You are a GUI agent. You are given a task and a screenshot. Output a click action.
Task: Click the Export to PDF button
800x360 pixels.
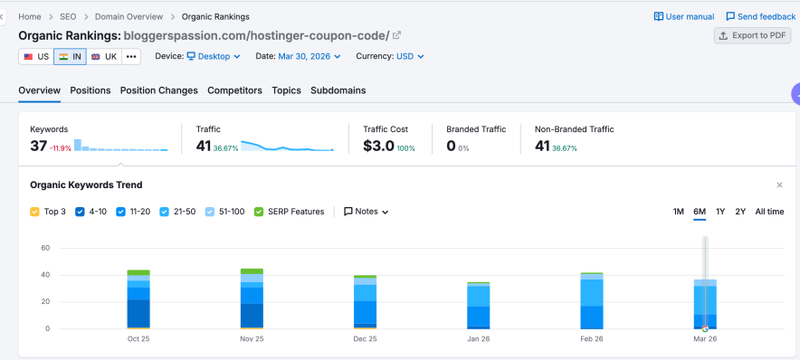(x=752, y=35)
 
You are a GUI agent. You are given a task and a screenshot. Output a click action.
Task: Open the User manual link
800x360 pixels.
(x=683, y=16)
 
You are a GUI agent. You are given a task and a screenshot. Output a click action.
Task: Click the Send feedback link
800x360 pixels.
(x=760, y=16)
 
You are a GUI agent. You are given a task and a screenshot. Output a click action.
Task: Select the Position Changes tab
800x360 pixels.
(x=158, y=90)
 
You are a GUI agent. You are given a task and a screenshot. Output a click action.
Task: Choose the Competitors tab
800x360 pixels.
(x=234, y=90)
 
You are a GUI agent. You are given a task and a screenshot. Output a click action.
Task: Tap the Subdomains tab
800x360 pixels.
(x=338, y=90)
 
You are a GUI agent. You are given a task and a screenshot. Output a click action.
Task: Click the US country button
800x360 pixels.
(x=36, y=56)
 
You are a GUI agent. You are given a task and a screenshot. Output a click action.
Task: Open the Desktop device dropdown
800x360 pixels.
(x=214, y=56)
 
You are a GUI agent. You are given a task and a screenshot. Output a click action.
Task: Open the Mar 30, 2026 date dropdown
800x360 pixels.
(x=310, y=56)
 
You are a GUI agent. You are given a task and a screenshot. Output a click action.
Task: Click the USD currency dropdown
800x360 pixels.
(x=410, y=56)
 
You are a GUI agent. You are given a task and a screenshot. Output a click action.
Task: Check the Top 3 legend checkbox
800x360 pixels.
(x=34, y=212)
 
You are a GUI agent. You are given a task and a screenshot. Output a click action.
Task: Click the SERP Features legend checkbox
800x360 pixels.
(x=259, y=212)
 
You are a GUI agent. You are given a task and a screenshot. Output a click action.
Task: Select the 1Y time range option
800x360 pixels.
(x=720, y=212)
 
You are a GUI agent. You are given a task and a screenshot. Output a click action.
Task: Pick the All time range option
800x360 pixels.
(x=769, y=212)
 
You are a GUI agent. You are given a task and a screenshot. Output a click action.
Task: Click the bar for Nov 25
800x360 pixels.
(x=252, y=298)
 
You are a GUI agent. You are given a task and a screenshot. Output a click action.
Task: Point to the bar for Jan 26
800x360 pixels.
(x=478, y=306)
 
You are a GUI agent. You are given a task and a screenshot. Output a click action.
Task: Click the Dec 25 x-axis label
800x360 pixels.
(x=365, y=339)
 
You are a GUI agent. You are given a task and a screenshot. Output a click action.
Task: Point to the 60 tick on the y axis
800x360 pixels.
(x=44, y=247)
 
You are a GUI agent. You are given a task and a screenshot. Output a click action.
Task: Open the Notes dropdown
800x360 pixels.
(x=367, y=212)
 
